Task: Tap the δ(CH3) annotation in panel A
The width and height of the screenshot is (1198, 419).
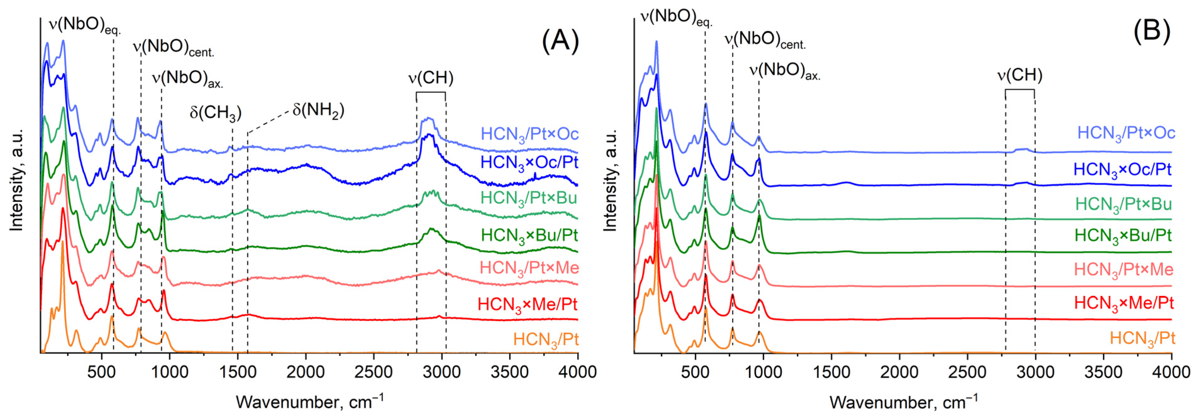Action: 215,112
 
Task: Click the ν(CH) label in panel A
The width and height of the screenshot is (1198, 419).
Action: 431,78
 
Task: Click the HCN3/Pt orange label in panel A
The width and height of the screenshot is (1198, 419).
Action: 546,340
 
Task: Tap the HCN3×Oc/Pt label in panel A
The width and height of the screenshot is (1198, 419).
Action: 529,162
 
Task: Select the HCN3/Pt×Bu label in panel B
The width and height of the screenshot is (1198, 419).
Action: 1123,204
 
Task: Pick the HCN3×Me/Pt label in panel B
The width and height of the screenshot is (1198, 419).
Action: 1124,303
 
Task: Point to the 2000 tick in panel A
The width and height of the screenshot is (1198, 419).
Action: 305,372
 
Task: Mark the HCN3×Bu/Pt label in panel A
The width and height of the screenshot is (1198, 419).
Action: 529,235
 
